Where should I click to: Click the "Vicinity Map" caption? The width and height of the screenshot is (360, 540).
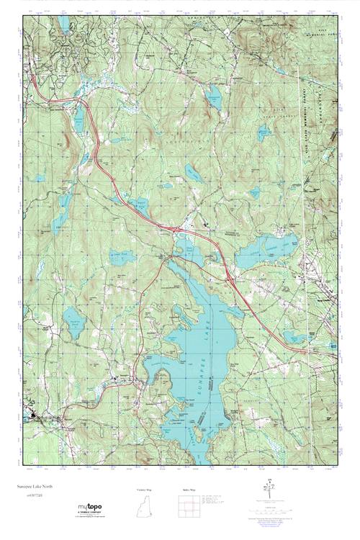pyautogui.click(x=144, y=490)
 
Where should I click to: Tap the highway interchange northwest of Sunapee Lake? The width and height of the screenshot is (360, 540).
pyautogui.click(x=171, y=229)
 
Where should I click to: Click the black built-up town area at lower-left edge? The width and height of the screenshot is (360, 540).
pyautogui.click(x=35, y=416)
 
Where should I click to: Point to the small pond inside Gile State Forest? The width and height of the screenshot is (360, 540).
pyautogui.click(x=264, y=132)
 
